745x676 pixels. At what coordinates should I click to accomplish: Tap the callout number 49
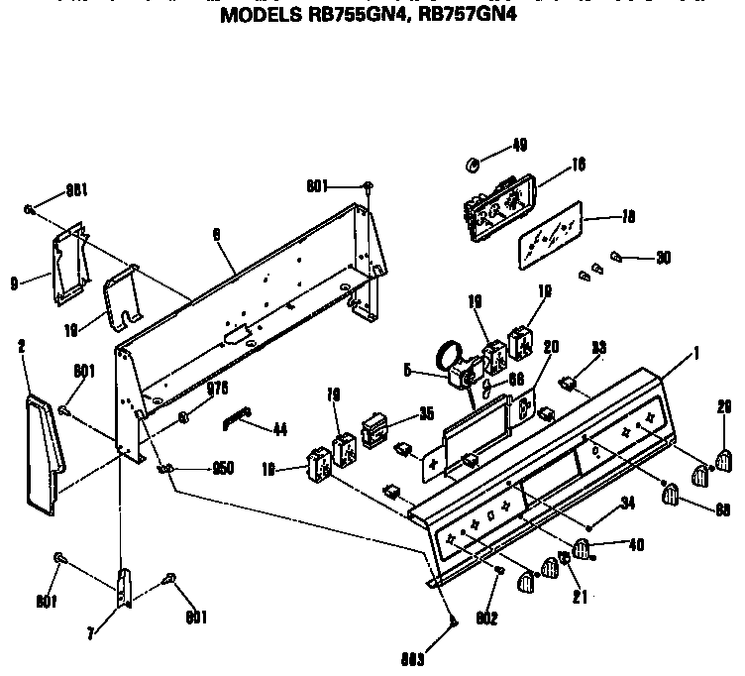[x=519, y=146]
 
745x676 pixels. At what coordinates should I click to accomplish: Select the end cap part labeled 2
[x=42, y=451]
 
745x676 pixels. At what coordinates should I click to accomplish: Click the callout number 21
[x=576, y=597]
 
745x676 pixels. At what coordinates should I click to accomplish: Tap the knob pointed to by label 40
[x=582, y=548]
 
